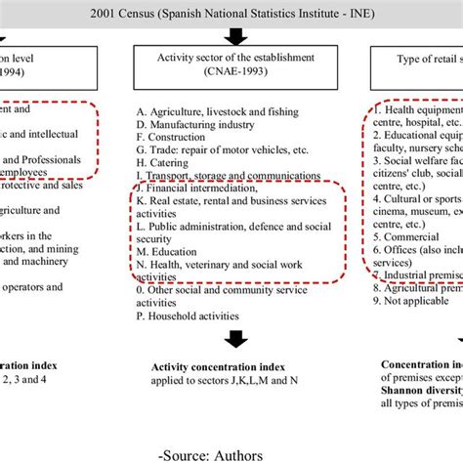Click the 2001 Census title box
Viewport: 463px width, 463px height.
point(231,13)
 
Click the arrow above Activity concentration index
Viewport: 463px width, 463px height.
point(234,340)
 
